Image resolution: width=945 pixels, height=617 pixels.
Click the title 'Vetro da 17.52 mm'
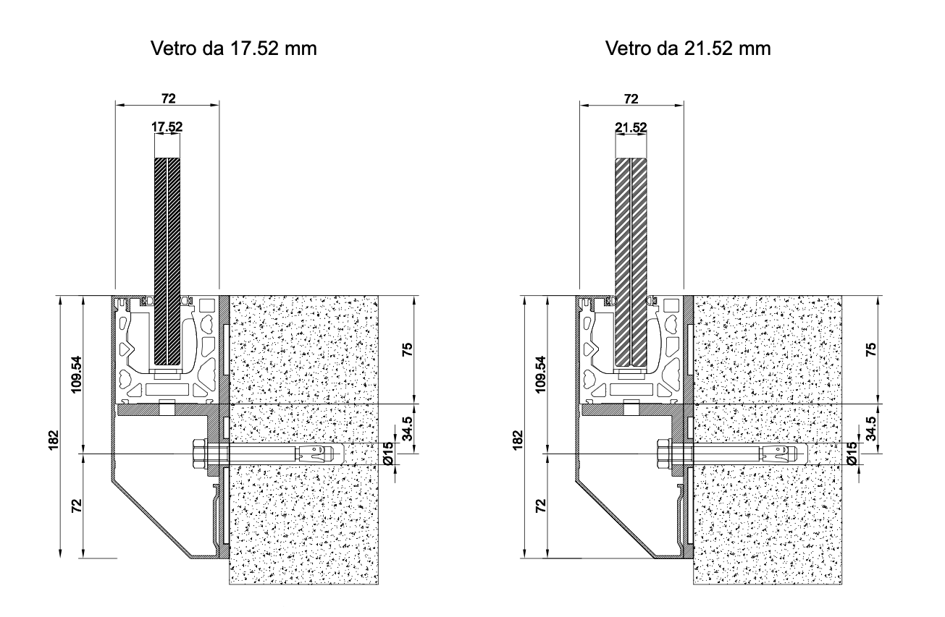[234, 48]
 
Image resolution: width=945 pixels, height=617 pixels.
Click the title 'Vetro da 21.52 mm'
[688, 48]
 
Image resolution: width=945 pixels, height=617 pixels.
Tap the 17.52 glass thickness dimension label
[167, 127]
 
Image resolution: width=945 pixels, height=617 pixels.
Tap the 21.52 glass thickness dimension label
[631, 127]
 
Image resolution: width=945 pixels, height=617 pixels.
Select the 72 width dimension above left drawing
[168, 98]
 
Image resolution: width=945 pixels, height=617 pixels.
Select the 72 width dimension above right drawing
[631, 98]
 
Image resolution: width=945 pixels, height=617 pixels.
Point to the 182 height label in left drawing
[54, 440]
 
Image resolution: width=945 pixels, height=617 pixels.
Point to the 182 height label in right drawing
[518, 440]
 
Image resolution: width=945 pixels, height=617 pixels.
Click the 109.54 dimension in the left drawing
[76, 375]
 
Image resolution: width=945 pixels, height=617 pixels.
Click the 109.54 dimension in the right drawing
[541, 375]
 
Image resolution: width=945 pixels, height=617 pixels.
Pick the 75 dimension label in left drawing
[407, 349]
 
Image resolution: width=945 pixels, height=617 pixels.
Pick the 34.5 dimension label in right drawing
[870, 428]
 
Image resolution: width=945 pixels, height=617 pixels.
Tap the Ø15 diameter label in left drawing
[389, 453]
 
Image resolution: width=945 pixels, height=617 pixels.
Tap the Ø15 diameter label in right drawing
[852, 453]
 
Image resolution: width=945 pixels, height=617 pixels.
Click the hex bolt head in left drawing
[199, 454]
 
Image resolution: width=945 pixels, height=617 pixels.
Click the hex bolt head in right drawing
[663, 454]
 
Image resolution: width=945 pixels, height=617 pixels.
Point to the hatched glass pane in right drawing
[631, 262]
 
